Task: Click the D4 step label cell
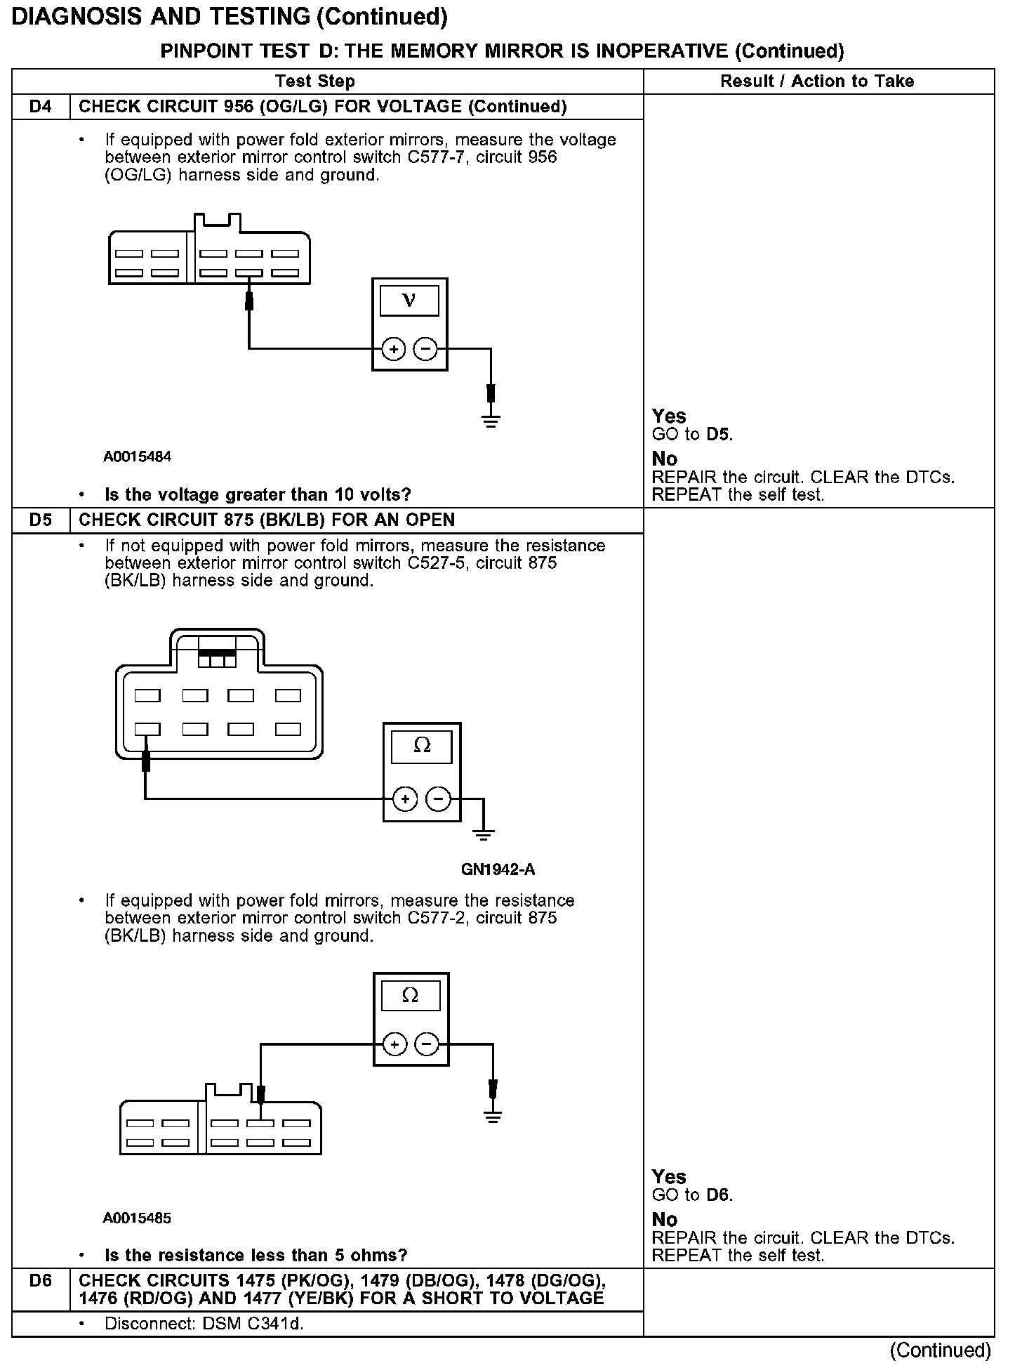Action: [x=41, y=107]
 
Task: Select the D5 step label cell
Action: [x=41, y=520]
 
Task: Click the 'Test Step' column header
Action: [x=315, y=81]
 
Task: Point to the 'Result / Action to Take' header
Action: [x=817, y=81]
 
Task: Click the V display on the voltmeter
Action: [x=409, y=301]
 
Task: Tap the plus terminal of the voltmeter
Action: [x=394, y=349]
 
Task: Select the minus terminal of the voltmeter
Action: [x=425, y=349]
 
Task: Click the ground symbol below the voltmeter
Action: [x=491, y=421]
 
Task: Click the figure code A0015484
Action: [x=138, y=456]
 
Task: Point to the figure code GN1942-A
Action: [x=498, y=869]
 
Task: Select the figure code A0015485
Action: [x=138, y=1218]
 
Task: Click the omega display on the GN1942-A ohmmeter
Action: [x=422, y=746]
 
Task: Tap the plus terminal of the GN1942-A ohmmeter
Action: [x=405, y=799]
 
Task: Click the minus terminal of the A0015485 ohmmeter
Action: [x=427, y=1045]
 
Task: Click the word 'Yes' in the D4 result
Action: [x=669, y=416]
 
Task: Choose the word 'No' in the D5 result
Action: [x=665, y=1219]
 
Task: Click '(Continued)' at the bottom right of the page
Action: [x=940, y=1350]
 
